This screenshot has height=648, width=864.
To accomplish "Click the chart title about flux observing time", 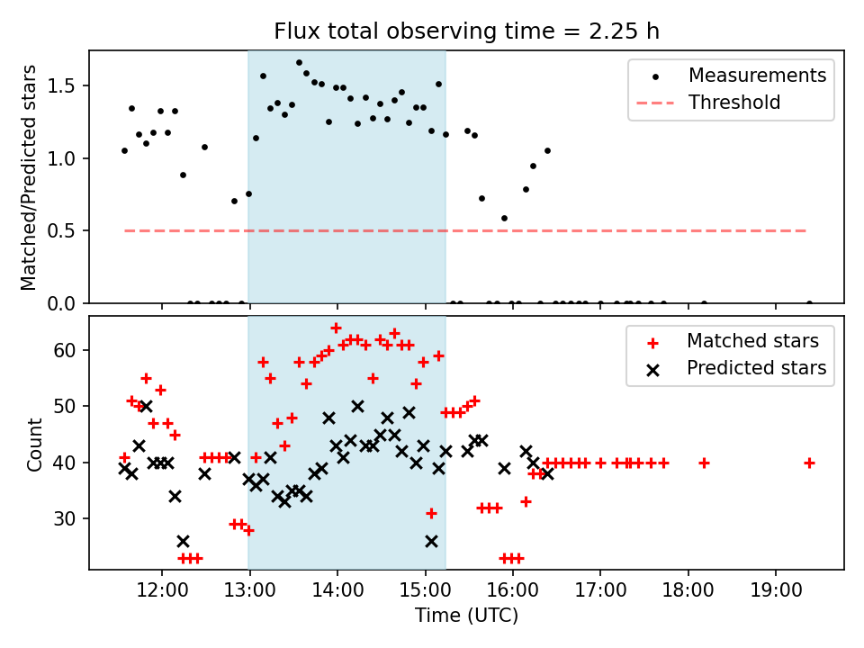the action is (x=467, y=31).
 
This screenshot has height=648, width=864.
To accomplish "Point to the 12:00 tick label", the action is (x=161, y=590).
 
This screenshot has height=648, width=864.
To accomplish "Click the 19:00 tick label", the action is (x=776, y=590).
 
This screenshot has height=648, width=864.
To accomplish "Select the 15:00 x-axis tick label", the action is (x=425, y=590).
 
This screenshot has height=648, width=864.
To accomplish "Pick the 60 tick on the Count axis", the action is (x=65, y=350).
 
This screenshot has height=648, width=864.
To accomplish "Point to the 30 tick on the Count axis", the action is (x=65, y=518).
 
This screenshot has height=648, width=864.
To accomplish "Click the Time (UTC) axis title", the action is (x=467, y=615).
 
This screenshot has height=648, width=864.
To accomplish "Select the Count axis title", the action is (x=34, y=444).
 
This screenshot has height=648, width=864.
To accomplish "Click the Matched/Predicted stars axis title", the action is (x=29, y=177).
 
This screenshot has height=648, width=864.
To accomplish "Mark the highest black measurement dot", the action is (x=299, y=63).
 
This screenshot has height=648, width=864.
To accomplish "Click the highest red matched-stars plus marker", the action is (x=336, y=328).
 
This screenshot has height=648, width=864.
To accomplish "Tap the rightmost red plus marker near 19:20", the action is (x=809, y=463).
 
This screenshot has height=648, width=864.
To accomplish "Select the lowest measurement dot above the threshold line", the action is (x=504, y=219).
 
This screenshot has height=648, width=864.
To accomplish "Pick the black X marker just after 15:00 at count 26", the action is (x=431, y=541).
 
